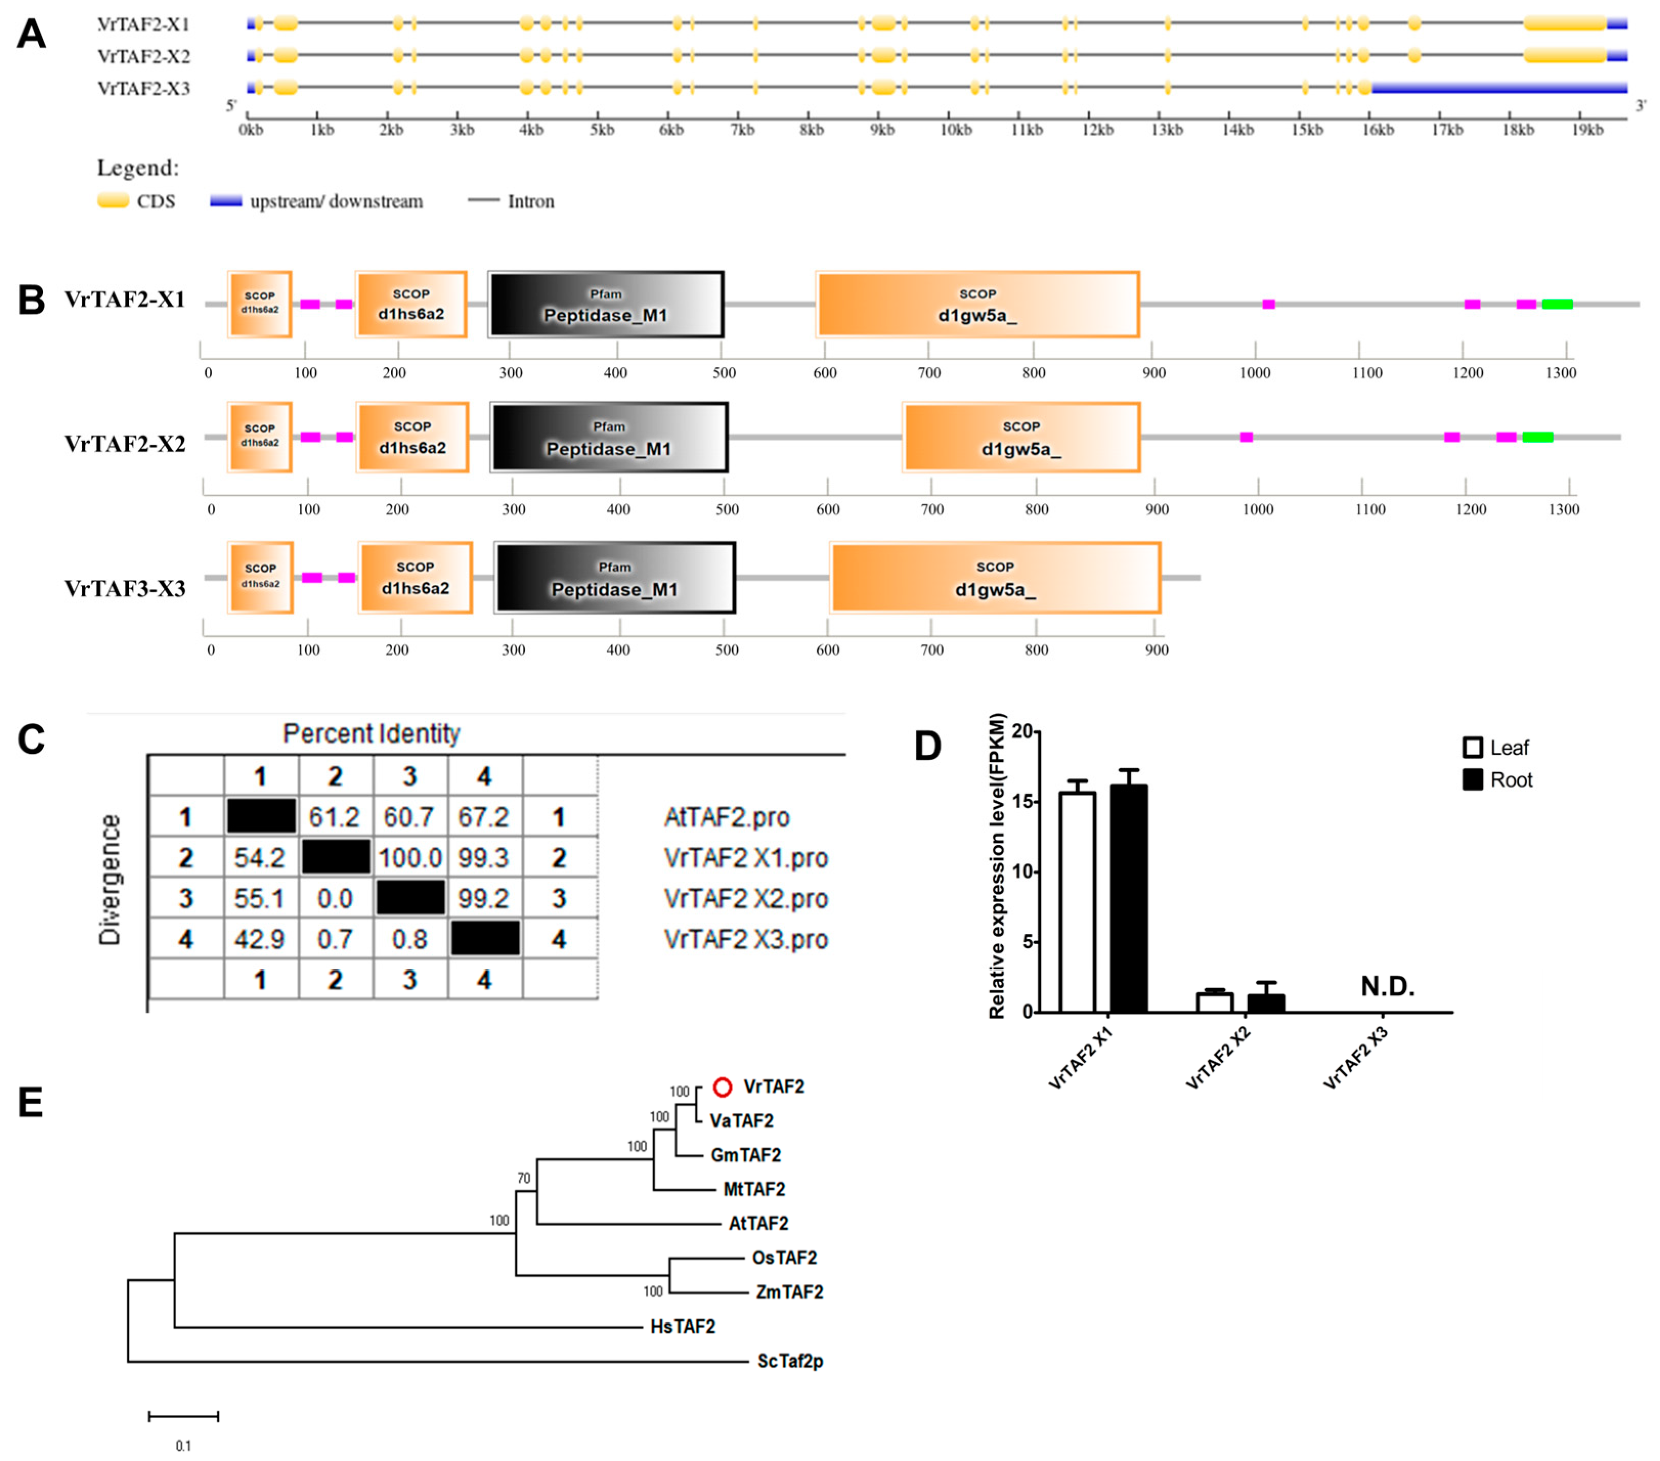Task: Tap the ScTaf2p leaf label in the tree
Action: coord(790,1360)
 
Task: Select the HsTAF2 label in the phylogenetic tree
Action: coord(682,1326)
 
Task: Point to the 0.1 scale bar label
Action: coord(184,1446)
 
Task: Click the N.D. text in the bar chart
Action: coord(1387,987)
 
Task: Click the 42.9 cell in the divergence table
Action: coord(260,940)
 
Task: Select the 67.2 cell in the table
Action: coord(484,817)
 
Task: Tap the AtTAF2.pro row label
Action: coord(726,817)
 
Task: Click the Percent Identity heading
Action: coord(371,733)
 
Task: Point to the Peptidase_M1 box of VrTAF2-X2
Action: coord(609,438)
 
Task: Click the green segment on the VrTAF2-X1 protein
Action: coord(1557,304)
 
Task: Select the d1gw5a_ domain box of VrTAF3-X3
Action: coord(995,578)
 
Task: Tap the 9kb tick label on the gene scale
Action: coord(882,130)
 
